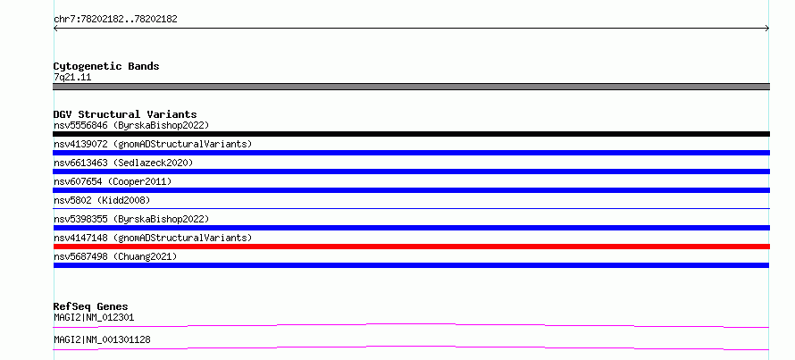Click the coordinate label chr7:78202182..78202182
tap(115, 20)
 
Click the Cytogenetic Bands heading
tap(106, 66)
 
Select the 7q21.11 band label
tap(72, 78)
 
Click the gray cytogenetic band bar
tap(411, 87)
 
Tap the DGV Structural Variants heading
tap(125, 114)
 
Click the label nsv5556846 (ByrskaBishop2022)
tap(131, 125)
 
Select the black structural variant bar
tap(411, 134)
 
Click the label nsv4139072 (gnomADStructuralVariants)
tap(153, 144)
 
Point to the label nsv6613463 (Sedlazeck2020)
tap(123, 163)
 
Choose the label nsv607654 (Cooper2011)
tap(113, 181)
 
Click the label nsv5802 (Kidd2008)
tap(102, 200)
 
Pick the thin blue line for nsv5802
tap(411, 208)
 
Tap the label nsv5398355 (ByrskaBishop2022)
tap(131, 219)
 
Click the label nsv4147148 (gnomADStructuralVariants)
tap(153, 238)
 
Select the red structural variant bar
tap(411, 247)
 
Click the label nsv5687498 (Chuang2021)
tap(115, 256)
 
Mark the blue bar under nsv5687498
tap(411, 265)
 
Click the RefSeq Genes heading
tap(91, 306)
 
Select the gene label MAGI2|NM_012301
tap(94, 318)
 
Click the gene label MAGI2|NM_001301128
tap(102, 339)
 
